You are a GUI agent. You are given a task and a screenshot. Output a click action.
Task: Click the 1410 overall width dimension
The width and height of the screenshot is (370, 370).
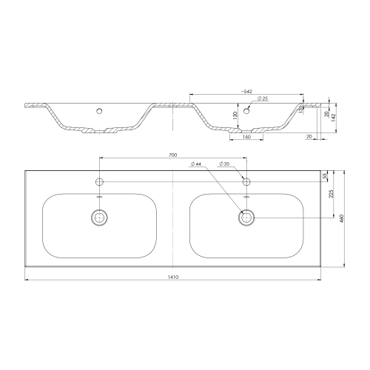pyautogui.click(x=173, y=277)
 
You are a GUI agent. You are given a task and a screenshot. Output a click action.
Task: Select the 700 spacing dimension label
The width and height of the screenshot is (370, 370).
pyautogui.click(x=172, y=155)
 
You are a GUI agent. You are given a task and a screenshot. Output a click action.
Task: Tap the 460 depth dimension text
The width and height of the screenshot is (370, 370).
pyautogui.click(x=341, y=218)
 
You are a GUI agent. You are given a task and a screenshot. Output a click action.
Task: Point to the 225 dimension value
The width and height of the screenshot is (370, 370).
pyautogui.click(x=332, y=194)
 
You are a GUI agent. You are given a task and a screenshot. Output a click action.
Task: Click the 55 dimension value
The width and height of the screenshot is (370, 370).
pyautogui.click(x=325, y=176)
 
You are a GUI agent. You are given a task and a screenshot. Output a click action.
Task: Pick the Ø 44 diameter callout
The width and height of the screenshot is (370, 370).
pyautogui.click(x=196, y=164)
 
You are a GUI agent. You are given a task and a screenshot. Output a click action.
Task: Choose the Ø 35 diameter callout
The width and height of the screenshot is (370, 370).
pyautogui.click(x=224, y=164)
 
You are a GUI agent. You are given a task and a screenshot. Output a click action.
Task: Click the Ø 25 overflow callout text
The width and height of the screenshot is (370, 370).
pyautogui.click(x=263, y=98)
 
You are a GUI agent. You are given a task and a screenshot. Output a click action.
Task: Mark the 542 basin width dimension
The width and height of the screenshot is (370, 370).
pyautogui.click(x=246, y=92)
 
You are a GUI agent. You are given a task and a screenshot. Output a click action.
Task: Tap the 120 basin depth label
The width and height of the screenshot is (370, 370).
pyautogui.click(x=235, y=115)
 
